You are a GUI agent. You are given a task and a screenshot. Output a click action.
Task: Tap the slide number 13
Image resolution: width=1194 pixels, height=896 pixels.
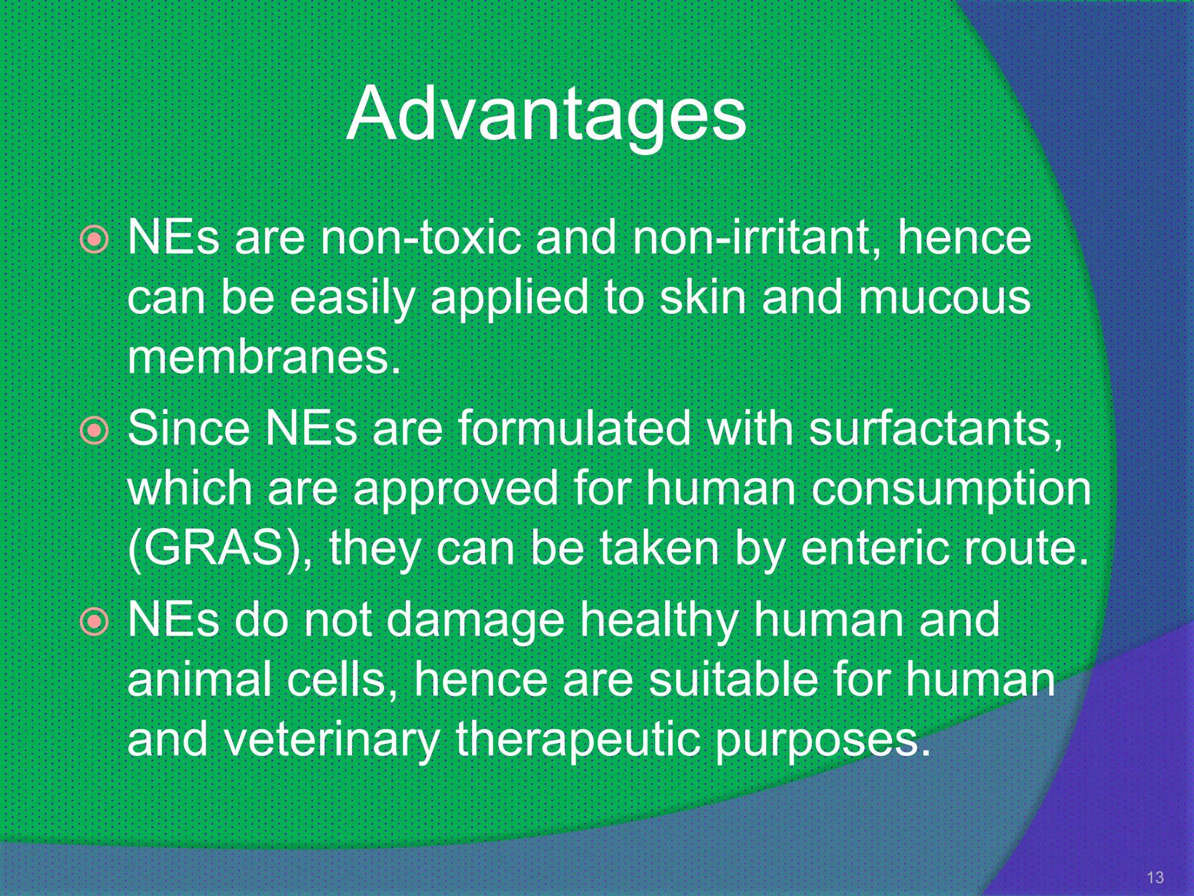(x=1155, y=877)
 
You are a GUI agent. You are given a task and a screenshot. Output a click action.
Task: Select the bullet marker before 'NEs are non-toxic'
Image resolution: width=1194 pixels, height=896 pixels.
(x=94, y=239)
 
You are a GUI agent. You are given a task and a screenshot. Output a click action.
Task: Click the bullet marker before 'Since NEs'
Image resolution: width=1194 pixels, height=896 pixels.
(x=94, y=431)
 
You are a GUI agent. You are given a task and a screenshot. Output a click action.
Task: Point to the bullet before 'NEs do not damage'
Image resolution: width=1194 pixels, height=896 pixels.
(x=94, y=622)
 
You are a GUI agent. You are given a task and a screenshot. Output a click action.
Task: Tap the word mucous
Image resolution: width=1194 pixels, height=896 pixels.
(x=944, y=297)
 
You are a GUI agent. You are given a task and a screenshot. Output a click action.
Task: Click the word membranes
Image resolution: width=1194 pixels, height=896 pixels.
(x=264, y=357)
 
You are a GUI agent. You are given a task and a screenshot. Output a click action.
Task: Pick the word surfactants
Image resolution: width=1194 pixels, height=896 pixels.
(x=936, y=429)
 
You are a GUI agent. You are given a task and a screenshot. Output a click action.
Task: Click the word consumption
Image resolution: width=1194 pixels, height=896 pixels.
(x=951, y=489)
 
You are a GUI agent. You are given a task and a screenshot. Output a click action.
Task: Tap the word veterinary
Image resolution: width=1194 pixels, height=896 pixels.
(x=331, y=740)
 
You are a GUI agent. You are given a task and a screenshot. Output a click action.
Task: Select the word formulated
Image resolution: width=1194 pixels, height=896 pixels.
(x=574, y=429)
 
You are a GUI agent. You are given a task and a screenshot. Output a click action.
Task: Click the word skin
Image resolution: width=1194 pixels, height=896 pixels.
(x=703, y=297)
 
